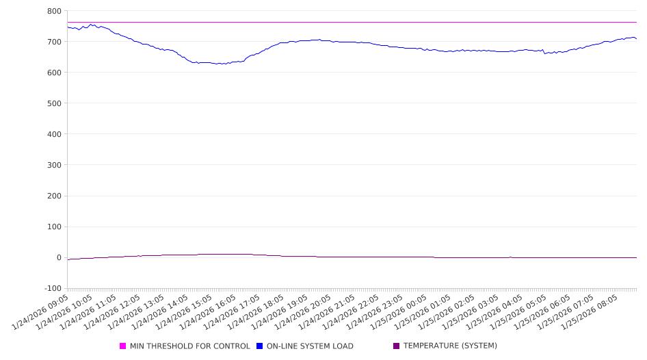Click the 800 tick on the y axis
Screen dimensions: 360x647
[x=54, y=11]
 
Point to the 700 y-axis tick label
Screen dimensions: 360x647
[x=54, y=42]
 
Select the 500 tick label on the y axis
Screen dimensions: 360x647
[x=54, y=103]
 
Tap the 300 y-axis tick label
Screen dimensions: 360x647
[x=54, y=165]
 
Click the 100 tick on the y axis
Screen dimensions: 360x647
[x=54, y=227]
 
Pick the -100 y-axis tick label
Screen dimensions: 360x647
[x=52, y=288]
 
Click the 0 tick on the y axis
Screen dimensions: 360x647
[x=58, y=257]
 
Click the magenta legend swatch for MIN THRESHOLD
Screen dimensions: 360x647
[x=123, y=346]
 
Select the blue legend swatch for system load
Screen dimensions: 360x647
[x=259, y=346]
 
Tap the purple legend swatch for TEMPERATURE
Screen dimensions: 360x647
[x=396, y=346]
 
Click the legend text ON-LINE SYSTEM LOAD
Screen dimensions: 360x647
[x=310, y=346]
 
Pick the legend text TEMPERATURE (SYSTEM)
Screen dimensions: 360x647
[x=450, y=346]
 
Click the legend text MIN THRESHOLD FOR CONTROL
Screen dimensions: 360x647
[x=190, y=346]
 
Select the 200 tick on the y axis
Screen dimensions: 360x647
[x=54, y=196]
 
